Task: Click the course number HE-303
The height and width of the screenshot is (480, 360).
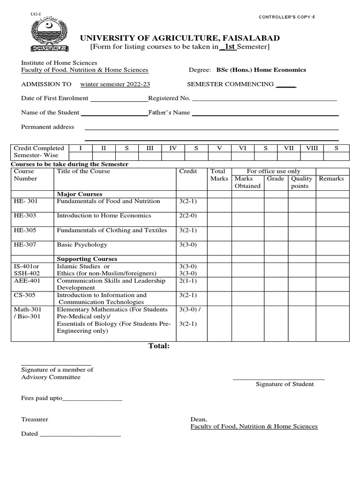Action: (25, 216)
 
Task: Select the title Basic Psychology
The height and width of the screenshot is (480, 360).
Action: (82, 245)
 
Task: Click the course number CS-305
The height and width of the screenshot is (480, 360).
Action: (25, 295)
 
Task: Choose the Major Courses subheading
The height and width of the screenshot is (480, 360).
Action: (80, 194)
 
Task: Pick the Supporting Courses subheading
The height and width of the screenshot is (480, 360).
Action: (87, 259)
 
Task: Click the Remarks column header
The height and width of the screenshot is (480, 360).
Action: (331, 179)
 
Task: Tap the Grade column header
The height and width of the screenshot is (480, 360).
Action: (275, 179)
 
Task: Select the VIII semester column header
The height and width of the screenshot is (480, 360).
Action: (312, 148)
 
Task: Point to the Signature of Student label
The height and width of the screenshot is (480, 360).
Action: (285, 384)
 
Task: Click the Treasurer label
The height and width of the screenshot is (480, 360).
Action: (35, 420)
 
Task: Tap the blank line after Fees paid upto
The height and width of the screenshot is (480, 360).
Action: (92, 400)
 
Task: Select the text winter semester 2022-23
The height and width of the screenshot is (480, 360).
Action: (115, 84)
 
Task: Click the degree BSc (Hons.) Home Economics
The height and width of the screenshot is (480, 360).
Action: (261, 70)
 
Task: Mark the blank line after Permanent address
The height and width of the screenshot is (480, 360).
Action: (211, 129)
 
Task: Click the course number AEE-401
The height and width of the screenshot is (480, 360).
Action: (26, 281)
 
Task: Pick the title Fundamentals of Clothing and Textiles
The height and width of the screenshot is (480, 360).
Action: (112, 231)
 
